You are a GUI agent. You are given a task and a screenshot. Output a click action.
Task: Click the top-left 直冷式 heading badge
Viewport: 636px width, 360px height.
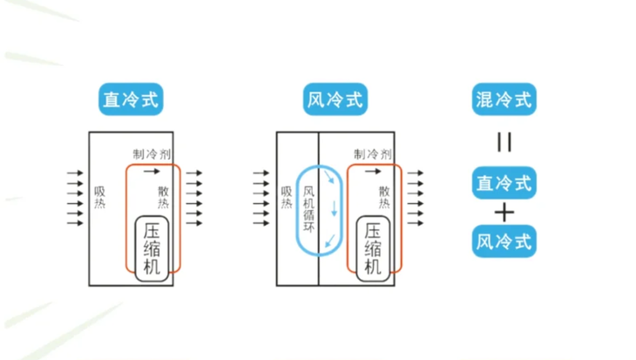131,99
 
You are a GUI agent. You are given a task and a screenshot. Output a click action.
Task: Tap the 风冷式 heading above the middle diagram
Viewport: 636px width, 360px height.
335,99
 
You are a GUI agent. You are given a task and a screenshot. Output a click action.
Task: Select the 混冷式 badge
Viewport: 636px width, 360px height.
504,99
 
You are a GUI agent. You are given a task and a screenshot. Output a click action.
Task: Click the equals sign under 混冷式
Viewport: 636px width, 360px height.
504,142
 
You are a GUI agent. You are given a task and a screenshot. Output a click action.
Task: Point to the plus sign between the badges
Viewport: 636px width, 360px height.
504,213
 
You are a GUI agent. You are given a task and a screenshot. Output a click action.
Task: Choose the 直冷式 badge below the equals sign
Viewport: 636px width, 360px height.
504,183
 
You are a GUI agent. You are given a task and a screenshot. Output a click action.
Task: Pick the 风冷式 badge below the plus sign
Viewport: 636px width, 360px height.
504,241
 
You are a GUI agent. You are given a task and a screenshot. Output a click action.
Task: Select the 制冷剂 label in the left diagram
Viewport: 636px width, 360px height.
152,153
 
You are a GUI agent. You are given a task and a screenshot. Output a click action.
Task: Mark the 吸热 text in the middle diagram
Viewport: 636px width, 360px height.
287,198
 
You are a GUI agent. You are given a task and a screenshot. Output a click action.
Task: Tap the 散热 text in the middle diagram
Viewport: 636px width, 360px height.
384,198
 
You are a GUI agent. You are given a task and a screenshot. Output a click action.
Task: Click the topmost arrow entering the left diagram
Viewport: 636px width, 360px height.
76,174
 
